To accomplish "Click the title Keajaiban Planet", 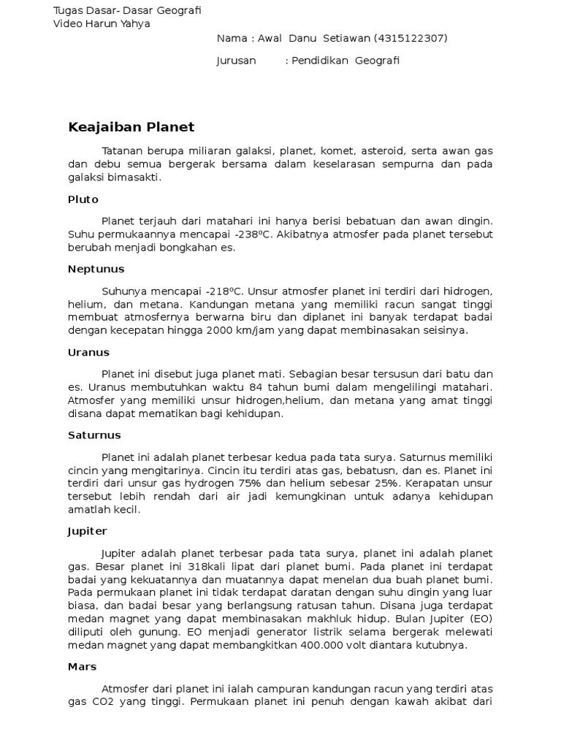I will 131,127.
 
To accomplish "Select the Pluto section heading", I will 83,199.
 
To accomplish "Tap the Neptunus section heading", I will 96,269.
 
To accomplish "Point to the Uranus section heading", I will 88,352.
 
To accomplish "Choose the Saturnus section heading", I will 94,435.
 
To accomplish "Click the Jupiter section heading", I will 87,531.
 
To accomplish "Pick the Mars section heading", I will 82,666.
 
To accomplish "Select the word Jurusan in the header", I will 236,61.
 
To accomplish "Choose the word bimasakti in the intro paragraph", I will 135,178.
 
